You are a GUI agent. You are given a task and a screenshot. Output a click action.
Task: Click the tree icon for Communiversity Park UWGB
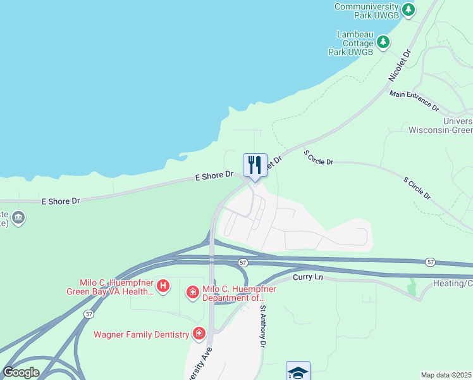pyautogui.click(x=409, y=9)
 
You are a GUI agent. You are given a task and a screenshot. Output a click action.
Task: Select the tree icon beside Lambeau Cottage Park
pyautogui.click(x=383, y=42)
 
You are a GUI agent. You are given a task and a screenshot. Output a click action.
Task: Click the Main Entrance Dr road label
pyautogui.click(x=414, y=100)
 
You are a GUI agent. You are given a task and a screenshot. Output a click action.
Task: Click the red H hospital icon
pyautogui.click(x=163, y=287)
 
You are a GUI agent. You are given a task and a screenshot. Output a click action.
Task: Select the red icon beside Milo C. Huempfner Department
pyautogui.click(x=192, y=293)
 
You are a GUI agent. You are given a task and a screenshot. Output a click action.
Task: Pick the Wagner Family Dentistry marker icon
pyautogui.click(x=199, y=334)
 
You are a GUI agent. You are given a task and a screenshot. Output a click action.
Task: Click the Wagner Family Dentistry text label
pyautogui.click(x=142, y=334)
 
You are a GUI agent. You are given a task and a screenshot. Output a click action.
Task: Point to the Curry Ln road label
pyautogui.click(x=308, y=278)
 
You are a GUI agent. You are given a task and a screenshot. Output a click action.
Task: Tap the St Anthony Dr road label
pyautogui.click(x=263, y=326)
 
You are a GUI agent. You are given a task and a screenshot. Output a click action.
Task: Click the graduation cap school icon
pyautogui.click(x=298, y=372)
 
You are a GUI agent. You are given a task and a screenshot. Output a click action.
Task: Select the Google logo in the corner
pyautogui.click(x=20, y=372)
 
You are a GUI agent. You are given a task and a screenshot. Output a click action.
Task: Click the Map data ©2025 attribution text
pyautogui.click(x=446, y=375)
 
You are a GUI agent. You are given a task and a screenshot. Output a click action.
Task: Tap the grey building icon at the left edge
pyautogui.click(x=19, y=218)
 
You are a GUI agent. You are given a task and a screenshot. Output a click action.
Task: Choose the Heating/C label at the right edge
pyautogui.click(x=452, y=283)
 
